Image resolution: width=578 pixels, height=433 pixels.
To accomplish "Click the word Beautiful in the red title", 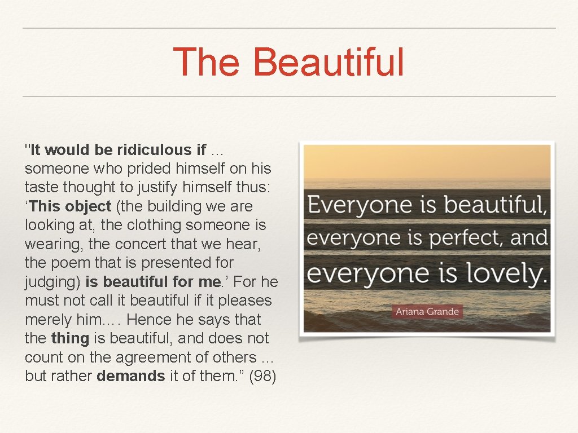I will (329, 62).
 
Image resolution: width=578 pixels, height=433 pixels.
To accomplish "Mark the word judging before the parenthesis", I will (52, 282).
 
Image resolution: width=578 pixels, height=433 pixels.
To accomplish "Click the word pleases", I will (244, 301).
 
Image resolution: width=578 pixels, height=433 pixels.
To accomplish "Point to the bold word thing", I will (70, 338).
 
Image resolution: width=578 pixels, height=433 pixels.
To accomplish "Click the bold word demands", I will (131, 376).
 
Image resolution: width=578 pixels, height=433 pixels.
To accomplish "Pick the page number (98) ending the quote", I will (262, 376).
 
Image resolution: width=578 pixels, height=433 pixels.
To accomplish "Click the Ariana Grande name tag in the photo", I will (427, 311).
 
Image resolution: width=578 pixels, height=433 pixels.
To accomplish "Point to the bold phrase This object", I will (70, 206).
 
